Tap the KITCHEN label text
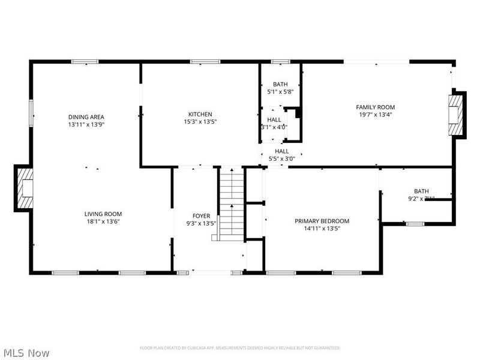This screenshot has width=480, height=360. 200,115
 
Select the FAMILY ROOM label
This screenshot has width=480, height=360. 376,107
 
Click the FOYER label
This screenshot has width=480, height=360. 201,216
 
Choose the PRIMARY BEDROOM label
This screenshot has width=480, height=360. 322,221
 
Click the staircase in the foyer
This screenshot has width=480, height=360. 232,201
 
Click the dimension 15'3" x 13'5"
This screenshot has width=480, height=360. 200,122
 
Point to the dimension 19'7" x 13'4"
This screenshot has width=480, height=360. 376,115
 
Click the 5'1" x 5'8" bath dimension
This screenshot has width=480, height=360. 280,92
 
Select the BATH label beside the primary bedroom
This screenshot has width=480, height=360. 421,191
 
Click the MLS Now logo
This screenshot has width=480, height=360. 26,353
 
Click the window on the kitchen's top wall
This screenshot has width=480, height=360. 200,61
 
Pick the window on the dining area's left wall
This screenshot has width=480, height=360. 31,113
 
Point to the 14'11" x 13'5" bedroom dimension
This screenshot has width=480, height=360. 322,228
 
